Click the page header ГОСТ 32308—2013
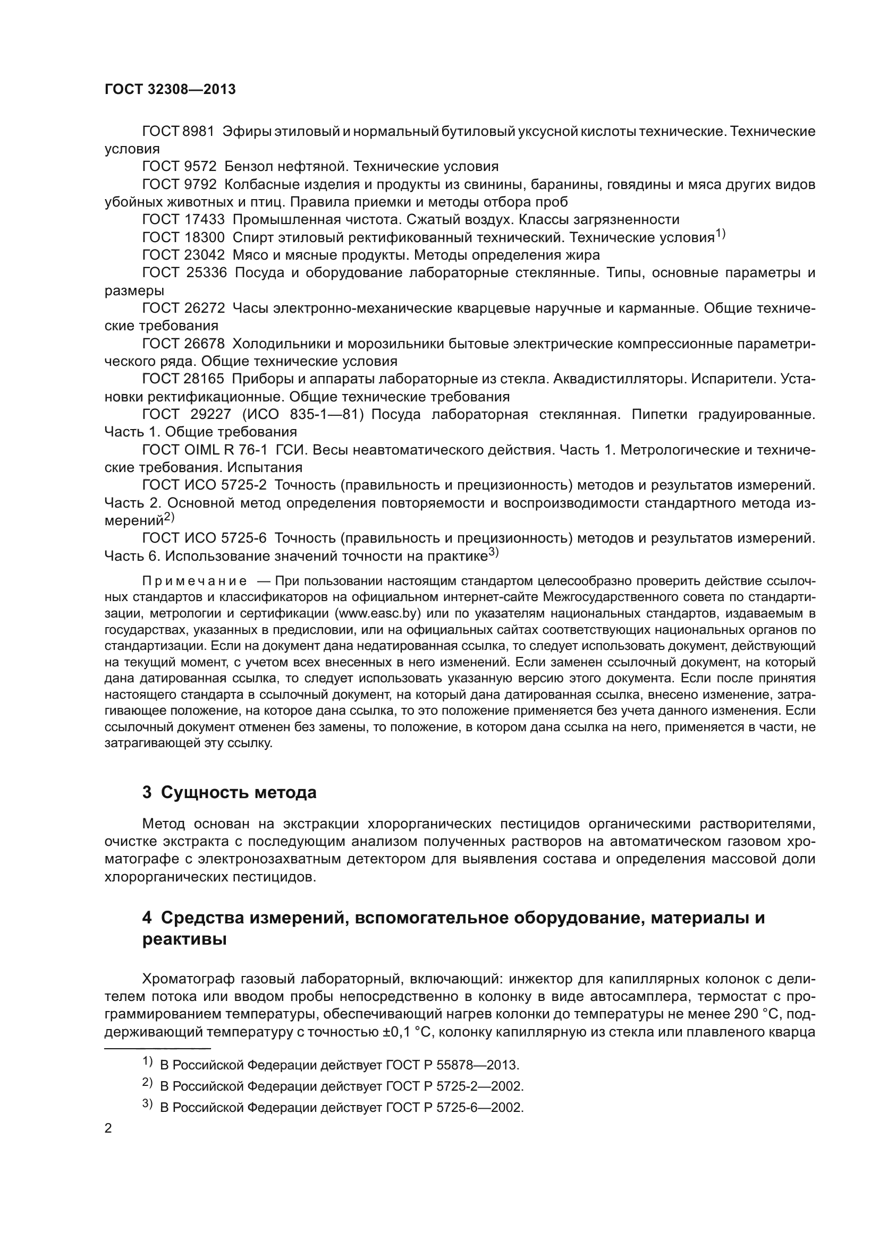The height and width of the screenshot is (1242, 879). tap(170, 90)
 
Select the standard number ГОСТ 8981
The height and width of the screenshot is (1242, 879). tap(178, 132)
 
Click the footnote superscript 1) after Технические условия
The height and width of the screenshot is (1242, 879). tap(720, 234)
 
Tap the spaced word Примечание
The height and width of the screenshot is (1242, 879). tap(195, 581)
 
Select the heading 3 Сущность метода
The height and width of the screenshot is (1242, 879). tap(229, 792)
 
